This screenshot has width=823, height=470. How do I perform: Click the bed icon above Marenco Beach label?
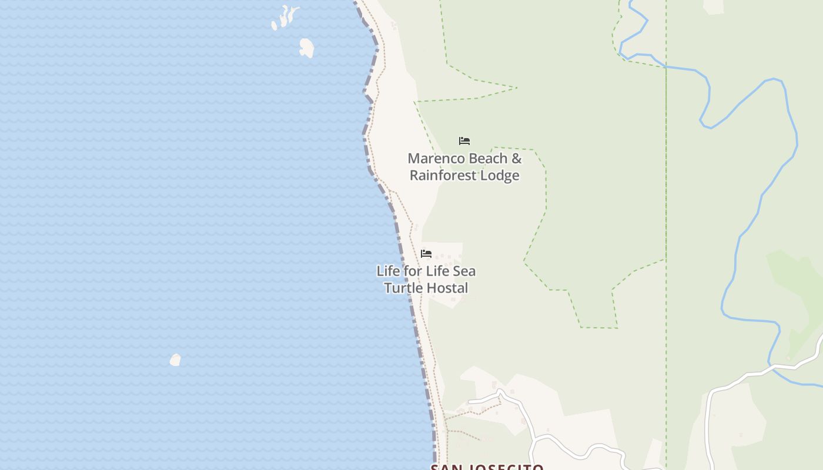[x=464, y=141]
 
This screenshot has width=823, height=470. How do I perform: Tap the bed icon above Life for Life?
[x=426, y=254]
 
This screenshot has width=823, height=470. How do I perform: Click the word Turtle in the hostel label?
[x=403, y=288]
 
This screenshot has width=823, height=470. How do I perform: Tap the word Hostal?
[x=447, y=288]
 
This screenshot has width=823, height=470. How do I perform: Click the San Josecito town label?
[x=487, y=467]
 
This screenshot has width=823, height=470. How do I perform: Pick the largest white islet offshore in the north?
[x=306, y=48]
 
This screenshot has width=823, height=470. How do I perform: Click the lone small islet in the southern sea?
[x=175, y=360]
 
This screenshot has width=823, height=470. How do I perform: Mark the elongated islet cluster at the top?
[x=285, y=17]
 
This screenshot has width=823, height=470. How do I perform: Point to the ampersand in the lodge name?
[x=516, y=159]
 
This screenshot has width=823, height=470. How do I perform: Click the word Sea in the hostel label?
[x=464, y=271]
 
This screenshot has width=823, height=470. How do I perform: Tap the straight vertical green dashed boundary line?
[x=666, y=176]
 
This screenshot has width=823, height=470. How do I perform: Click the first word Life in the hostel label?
[x=388, y=271]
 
